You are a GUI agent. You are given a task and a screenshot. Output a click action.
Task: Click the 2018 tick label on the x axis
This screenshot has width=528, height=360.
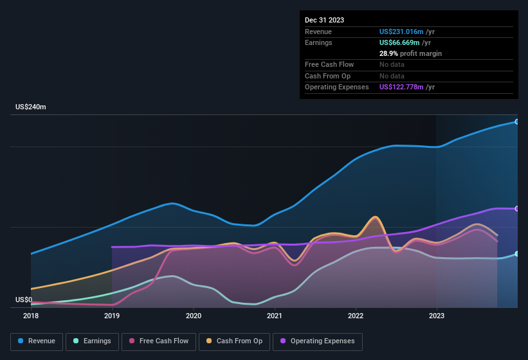point(31,316)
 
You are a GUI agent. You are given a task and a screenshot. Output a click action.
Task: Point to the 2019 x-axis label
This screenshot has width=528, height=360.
point(112,316)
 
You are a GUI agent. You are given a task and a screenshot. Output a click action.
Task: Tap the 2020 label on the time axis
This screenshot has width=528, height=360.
point(193,316)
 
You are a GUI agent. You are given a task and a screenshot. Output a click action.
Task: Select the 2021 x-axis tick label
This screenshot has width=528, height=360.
point(275,316)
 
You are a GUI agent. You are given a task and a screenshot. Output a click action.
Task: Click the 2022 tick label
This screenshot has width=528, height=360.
point(356,316)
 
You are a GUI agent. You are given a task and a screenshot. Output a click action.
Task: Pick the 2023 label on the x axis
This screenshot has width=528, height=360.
point(437,316)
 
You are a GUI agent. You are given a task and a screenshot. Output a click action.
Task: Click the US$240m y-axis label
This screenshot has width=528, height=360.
point(31,107)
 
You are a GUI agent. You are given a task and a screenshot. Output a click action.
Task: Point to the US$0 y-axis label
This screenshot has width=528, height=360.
point(24,300)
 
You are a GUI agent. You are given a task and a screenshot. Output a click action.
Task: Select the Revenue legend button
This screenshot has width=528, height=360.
point(37,341)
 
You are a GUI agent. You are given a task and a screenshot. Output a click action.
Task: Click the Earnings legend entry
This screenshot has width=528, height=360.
point(93,341)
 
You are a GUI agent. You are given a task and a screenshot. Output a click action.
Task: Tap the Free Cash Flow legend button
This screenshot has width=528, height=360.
point(159,341)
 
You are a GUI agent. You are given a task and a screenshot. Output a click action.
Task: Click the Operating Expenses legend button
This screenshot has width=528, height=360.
point(317,341)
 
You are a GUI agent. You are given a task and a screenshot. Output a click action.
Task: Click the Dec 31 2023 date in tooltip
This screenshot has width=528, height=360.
point(324,20)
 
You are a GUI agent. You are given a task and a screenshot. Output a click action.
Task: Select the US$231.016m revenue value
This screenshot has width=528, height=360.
point(401,32)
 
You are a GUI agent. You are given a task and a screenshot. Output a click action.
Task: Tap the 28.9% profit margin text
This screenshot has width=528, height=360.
point(410,53)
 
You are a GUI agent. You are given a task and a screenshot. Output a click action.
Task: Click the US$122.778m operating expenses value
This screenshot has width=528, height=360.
point(401,87)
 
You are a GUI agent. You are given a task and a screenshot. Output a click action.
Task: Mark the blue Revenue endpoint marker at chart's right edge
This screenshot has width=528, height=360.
point(517,122)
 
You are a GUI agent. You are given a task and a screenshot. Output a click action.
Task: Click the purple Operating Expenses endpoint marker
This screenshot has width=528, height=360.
point(517,208)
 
